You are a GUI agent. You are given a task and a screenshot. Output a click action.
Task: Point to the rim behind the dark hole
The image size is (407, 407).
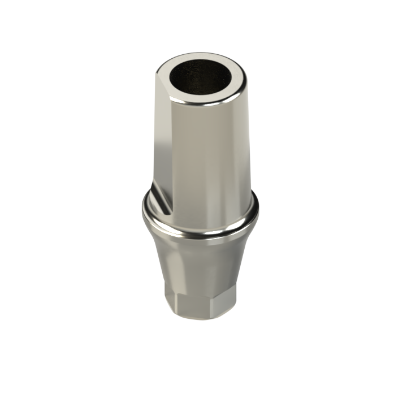coord(198,59)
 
